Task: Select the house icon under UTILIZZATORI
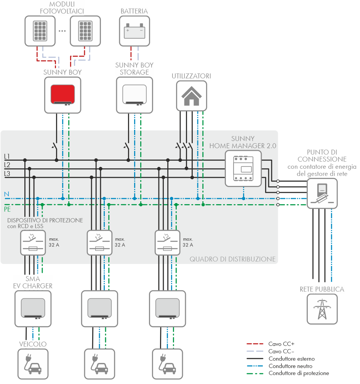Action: pyautogui.click(x=191, y=96)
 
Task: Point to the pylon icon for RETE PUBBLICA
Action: pyautogui.click(x=322, y=308)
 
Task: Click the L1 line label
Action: pyautogui.click(x=7, y=157)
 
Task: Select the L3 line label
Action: pyautogui.click(x=7, y=174)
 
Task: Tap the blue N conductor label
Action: pyautogui.click(x=6, y=194)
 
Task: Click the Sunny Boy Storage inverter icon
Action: pyautogui.click(x=134, y=95)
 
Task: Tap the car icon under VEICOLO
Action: pyautogui.click(x=33, y=364)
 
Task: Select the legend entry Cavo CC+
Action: pyautogui.click(x=281, y=344)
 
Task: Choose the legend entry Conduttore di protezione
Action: pyautogui.click(x=298, y=373)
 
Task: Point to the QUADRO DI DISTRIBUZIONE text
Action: pyautogui.click(x=232, y=259)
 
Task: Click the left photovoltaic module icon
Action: pyautogui.click(x=40, y=30)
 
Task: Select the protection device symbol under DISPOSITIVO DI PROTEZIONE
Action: pyautogui.click(x=30, y=243)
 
